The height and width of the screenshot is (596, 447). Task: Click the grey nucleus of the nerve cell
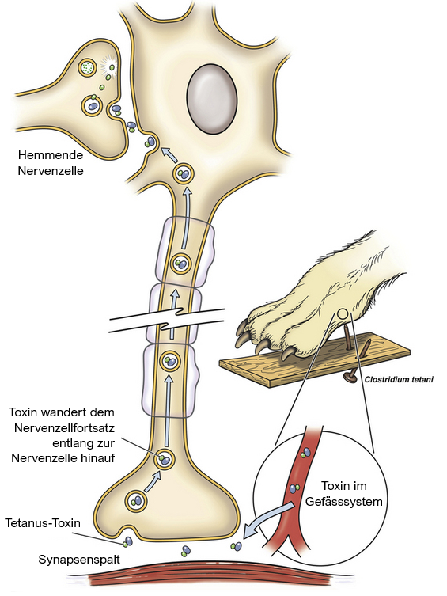(x=212, y=99)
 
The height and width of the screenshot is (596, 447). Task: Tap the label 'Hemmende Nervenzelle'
(x=51, y=162)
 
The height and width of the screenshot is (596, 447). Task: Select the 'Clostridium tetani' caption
(x=399, y=379)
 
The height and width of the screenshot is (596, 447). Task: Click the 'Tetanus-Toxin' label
(x=43, y=523)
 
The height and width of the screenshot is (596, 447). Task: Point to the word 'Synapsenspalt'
(x=79, y=560)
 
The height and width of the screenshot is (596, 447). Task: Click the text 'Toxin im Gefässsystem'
(x=343, y=493)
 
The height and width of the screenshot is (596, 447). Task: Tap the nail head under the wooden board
(x=350, y=377)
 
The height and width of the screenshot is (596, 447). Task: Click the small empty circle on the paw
(x=343, y=314)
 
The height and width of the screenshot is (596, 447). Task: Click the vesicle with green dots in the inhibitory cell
(x=88, y=68)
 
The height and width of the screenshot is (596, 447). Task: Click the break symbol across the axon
(x=167, y=320)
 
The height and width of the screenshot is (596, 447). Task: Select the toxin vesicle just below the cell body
(x=184, y=174)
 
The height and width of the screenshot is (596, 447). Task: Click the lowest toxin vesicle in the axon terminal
(x=136, y=501)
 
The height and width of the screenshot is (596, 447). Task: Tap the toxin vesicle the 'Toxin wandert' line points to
(x=165, y=459)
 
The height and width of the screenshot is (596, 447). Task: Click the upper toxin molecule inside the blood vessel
(x=305, y=452)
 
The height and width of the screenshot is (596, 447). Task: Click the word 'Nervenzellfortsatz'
(x=65, y=427)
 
